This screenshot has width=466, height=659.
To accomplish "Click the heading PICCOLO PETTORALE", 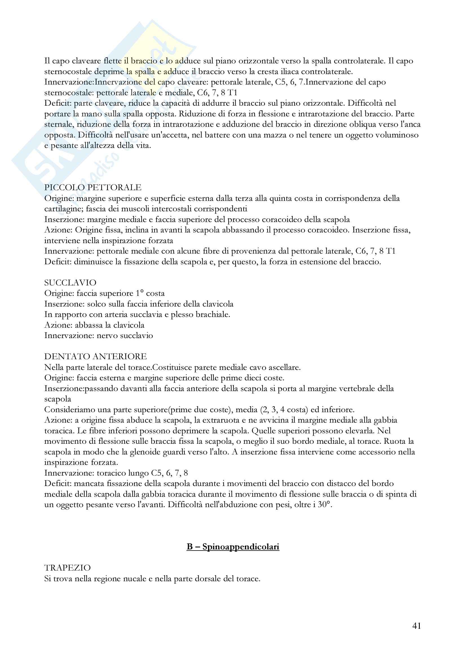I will tap(93, 188).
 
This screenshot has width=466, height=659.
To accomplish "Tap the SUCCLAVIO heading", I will tap(70, 283).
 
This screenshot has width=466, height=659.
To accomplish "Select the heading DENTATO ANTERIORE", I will tap(95, 356).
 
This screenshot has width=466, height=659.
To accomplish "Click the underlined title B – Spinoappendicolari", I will tap(233, 547).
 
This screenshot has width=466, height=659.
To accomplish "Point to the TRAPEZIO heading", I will tap(67, 568).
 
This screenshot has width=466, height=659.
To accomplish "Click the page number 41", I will tap(417, 626).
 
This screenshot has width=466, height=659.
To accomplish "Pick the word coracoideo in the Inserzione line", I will tap(260, 219).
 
